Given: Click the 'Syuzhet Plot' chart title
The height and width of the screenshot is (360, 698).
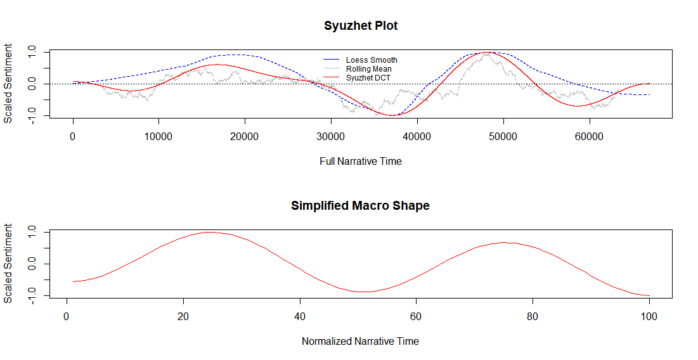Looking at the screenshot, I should pos(360,26).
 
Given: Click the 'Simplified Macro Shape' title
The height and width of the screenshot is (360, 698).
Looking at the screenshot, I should pos(360,205).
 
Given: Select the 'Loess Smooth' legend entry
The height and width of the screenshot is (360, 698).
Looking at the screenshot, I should pos(372,60).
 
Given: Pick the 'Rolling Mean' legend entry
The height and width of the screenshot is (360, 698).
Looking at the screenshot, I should pos(368,68).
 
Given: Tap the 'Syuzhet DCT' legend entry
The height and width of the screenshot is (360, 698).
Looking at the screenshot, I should pos(368,77).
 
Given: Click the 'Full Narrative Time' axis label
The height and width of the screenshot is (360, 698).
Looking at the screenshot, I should pos(360,161).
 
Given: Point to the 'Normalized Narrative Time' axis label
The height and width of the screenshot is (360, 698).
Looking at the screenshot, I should pos(360,341).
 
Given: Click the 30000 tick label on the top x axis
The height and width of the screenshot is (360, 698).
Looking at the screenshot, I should pos(331,136).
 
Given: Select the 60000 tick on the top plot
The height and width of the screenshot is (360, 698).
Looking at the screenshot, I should pos(589,136).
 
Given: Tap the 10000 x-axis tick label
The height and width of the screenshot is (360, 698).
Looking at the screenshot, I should pos(159,136).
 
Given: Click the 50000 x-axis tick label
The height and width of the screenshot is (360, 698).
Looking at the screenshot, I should pos(503,136).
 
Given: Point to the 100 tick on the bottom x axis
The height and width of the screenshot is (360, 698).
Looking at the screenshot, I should pos(649,316).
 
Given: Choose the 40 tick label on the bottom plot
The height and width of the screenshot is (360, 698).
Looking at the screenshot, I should pos(300,316).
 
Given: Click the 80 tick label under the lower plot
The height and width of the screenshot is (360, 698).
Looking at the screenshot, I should pos(533,316).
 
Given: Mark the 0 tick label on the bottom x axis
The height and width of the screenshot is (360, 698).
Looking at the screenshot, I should pos(67,316).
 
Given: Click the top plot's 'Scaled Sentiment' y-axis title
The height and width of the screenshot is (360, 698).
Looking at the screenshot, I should pos(8,84).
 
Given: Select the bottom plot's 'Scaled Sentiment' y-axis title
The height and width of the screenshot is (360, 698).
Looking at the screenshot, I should pos(8,264).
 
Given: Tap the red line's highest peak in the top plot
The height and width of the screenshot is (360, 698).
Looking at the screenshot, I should pos(486,53).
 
